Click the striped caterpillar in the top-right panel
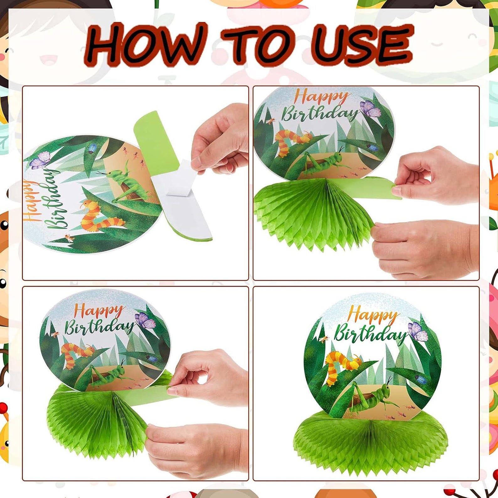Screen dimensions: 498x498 tap(290, 141)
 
